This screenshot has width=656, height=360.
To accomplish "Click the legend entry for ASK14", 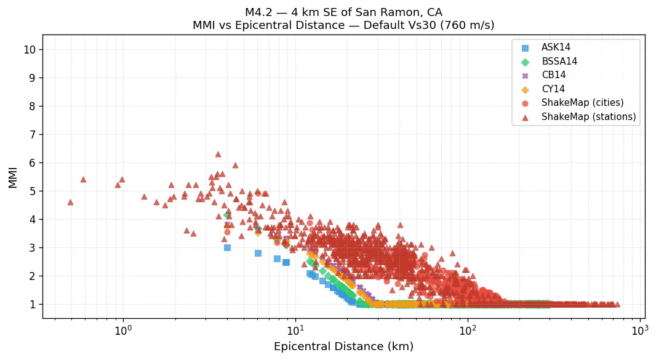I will click(556, 47).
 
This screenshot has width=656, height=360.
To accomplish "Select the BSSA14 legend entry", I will click(559, 62).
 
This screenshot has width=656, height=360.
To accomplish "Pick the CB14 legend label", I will click(553, 75).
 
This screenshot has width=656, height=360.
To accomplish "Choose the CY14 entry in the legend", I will click(553, 89).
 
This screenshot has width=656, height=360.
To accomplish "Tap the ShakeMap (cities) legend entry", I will click(582, 103).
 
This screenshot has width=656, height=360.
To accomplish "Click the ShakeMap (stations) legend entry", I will click(588, 117).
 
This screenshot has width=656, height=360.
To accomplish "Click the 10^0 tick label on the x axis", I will click(123, 330).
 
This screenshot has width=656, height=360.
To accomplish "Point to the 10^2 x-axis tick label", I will click(468, 330).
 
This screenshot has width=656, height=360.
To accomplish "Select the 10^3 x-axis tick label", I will click(640, 330).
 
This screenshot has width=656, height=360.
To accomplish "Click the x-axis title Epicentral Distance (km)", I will click(343, 347).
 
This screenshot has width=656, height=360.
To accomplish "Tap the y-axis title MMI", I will click(13, 177).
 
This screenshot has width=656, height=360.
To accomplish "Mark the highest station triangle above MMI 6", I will click(218, 154).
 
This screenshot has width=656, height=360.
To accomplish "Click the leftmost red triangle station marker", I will click(70, 202).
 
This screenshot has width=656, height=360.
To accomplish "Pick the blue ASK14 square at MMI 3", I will click(227, 247).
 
